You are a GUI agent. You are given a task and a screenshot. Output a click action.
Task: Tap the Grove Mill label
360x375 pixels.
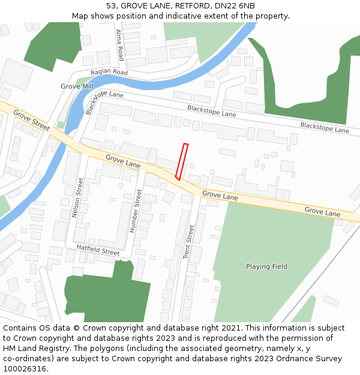click(x=77, y=86)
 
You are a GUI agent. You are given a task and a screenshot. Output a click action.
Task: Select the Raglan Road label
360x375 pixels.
click(x=109, y=72)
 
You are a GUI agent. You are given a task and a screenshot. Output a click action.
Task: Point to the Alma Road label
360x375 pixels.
click(x=120, y=45)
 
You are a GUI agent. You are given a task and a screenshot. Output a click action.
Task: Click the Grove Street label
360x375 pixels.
click(x=31, y=121)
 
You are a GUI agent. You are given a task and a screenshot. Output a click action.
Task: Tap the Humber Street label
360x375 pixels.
click(x=136, y=211)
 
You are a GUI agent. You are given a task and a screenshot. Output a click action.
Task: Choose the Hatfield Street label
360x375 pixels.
click(x=98, y=250)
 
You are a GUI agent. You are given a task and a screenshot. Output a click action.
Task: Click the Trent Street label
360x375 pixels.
click(x=188, y=242)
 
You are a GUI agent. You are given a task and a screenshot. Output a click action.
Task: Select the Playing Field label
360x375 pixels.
click(x=266, y=266)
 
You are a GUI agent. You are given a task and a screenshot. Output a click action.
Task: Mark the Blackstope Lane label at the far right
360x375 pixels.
click(x=324, y=127)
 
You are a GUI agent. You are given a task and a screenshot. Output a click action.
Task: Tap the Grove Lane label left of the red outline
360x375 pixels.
click(x=123, y=161)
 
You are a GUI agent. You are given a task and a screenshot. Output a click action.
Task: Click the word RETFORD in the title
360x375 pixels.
click(x=191, y=5)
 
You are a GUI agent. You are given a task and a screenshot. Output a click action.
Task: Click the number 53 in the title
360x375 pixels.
click(x=111, y=5)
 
